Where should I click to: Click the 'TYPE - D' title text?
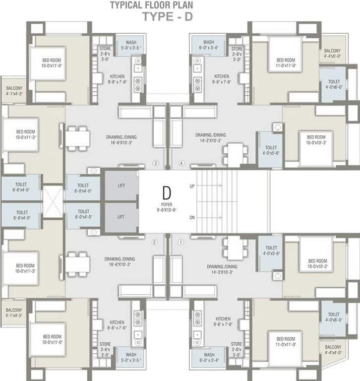point(167,17)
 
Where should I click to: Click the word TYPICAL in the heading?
point(128,5)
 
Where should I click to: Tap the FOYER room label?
point(167,204)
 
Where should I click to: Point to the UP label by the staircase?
point(192,187)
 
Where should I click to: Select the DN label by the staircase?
point(192,217)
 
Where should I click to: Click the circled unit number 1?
point(180,242)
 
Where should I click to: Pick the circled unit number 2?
point(155,242)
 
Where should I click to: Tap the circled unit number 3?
point(155,163)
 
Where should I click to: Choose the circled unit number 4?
point(181,163)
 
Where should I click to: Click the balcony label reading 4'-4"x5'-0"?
point(332,54)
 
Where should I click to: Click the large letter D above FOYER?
point(167,191)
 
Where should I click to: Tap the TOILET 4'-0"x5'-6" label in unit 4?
point(271,150)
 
